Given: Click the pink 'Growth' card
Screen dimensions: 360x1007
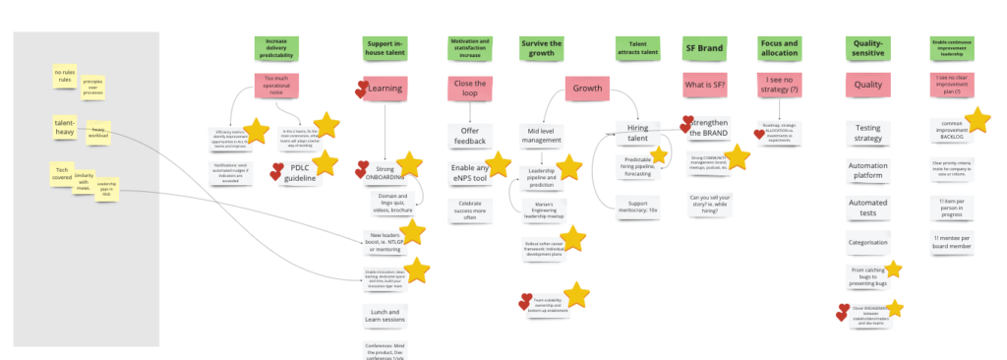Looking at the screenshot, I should [x=589, y=90].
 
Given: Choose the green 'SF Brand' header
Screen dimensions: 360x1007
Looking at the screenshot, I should [x=705, y=47].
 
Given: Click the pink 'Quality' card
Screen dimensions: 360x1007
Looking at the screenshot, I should [x=867, y=86].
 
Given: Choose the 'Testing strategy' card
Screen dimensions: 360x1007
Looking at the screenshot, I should [x=868, y=134].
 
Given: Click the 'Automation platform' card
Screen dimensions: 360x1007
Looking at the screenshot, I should [x=868, y=173].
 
